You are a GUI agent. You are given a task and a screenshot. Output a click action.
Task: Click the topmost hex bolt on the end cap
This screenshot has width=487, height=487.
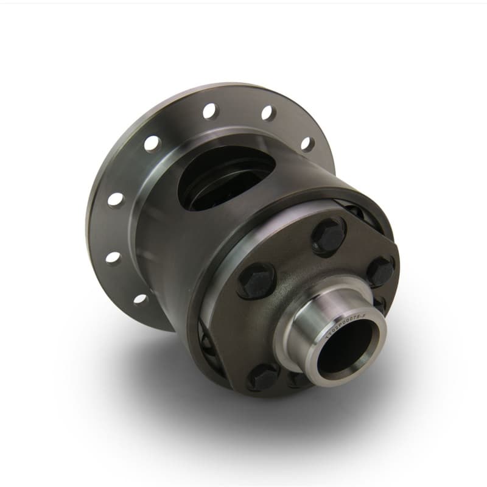coord(329,234)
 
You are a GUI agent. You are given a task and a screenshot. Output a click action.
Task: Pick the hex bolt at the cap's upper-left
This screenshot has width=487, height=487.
coord(255,279)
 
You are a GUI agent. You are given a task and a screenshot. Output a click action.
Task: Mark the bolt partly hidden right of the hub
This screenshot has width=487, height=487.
coord(379,303)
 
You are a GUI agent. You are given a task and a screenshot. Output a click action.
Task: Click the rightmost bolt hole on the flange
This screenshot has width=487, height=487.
coord(308,144)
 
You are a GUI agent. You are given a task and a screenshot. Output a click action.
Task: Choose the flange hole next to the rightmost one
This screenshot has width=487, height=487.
coord(267,113)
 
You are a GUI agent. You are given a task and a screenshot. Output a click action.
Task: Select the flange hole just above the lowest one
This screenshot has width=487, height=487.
coord(113,257)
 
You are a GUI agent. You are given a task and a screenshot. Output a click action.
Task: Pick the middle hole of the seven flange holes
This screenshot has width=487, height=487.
coord(152,144)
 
